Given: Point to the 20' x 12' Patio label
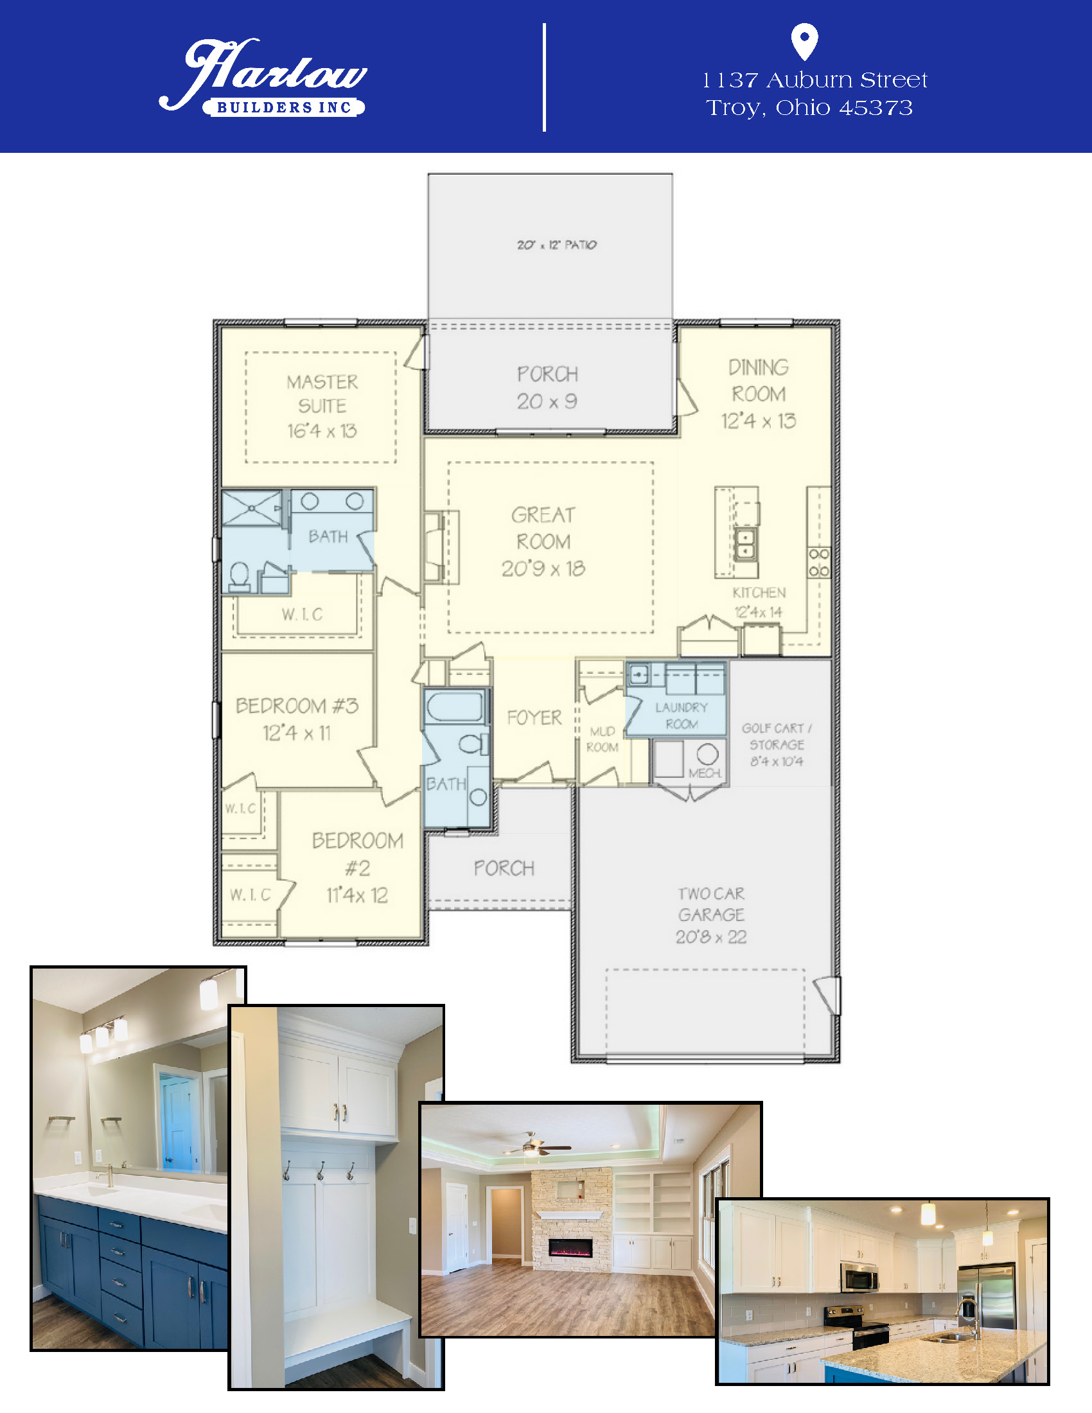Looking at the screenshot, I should click(x=556, y=245).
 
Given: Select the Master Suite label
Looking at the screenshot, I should click(x=322, y=406).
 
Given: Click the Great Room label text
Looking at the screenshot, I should click(x=543, y=541).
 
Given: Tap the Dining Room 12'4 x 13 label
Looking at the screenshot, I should click(x=758, y=393).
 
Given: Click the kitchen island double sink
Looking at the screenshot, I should click(x=746, y=544).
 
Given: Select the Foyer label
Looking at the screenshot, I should click(x=534, y=717).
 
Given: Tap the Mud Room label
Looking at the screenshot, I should click(x=603, y=739).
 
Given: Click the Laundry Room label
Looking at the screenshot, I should click(x=681, y=715).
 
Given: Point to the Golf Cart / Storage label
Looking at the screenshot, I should click(x=777, y=744).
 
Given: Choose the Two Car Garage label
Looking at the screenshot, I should click(x=711, y=915).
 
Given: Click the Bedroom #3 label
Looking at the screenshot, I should click(x=297, y=719).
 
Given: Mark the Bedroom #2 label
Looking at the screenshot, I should click(x=357, y=867).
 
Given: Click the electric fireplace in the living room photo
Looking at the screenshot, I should click(x=570, y=1247).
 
